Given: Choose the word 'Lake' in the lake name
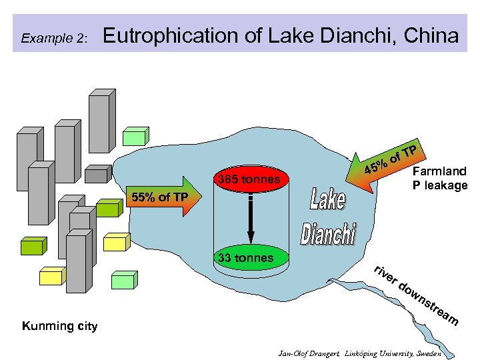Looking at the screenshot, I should point(328,200).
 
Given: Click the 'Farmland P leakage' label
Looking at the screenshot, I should point(440,178).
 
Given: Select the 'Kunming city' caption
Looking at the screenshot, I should point(60,326).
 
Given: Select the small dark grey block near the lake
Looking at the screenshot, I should point(97,175).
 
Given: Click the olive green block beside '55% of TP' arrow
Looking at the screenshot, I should point(106,208).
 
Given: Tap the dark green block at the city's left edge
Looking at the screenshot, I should point(31,246).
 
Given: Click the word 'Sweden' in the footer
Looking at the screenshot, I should point(427,352).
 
